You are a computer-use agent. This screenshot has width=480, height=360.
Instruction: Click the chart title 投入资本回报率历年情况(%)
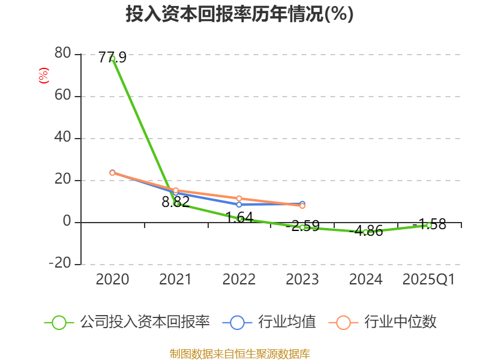tap(239, 14)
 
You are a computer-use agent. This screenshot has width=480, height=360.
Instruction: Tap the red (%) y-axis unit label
tap(43, 76)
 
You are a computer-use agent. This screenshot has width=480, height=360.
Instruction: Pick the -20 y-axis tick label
tap(60, 264)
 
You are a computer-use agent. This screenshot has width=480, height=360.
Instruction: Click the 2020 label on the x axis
tap(113, 279)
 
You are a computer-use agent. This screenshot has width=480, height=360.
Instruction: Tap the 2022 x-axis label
tap(239, 279)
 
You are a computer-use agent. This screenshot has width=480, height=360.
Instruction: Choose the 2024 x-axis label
tap(365, 279)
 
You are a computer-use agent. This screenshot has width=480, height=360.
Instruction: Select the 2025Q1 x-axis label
tap(428, 279)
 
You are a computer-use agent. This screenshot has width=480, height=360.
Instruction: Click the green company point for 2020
tap(113, 58)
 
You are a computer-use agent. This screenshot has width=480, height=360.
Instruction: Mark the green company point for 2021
tap(176, 203)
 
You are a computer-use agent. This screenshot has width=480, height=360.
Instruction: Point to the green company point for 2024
tap(365, 232)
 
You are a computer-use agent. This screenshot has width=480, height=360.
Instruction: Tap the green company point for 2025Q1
tap(429, 225)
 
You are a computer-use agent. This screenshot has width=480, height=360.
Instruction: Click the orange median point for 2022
tap(239, 199)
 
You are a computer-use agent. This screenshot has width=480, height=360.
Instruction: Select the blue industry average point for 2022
tap(239, 205)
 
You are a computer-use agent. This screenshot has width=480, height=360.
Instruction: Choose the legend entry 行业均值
tap(269, 322)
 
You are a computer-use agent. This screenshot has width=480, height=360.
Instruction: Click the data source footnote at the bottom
tap(239, 353)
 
